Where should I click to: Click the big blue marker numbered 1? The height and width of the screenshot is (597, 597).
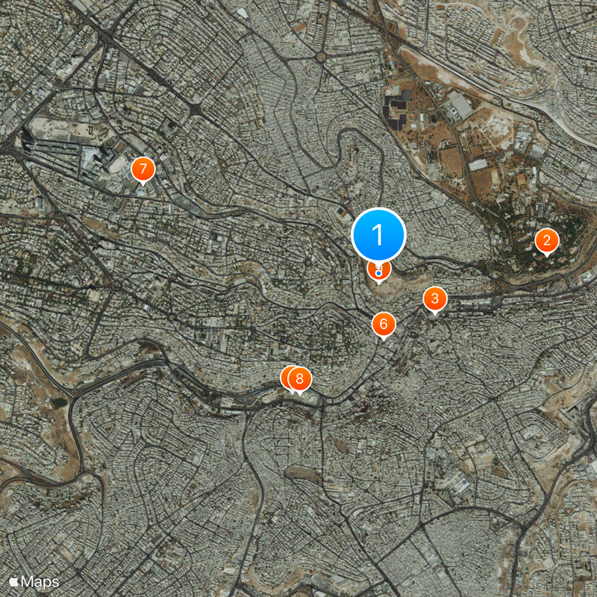point(378,234)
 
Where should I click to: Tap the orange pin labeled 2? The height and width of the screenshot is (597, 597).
point(547,240)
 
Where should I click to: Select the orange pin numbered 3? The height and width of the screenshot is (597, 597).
point(435,299)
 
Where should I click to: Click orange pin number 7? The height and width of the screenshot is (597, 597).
point(142,169)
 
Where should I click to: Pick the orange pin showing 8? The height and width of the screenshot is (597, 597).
point(300,378)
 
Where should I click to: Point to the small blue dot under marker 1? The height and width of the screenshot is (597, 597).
point(379,274)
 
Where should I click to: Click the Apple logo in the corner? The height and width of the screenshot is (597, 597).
point(14,581)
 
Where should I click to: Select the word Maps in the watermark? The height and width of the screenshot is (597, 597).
point(40,581)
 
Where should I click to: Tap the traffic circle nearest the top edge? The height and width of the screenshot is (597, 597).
point(321,57)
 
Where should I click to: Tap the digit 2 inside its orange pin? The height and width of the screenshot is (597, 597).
point(547,240)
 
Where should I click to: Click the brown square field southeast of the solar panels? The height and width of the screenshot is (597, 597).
point(451,160)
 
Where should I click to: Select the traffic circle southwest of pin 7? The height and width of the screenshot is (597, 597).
point(116,285)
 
